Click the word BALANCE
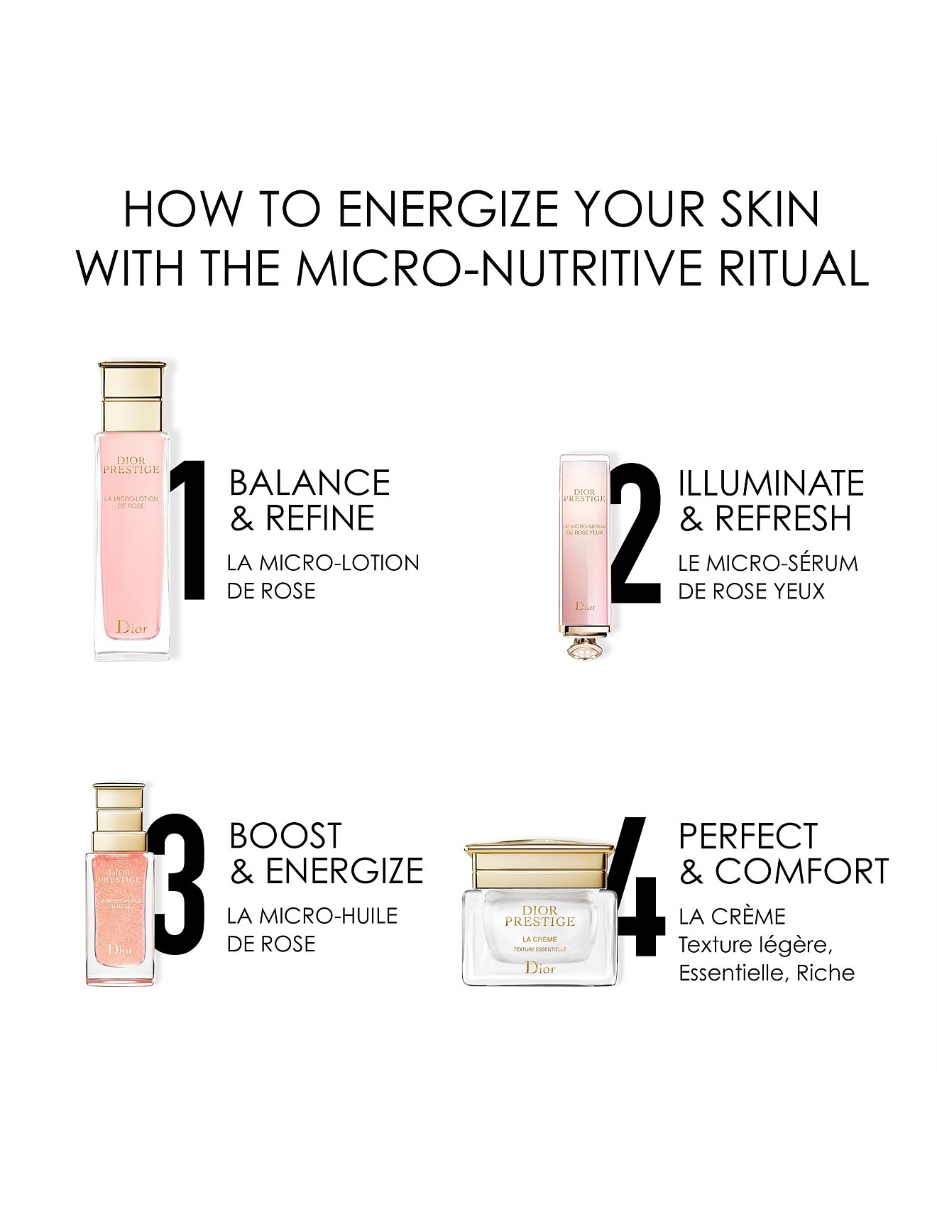tap(309, 483)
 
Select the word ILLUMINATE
tap(771, 483)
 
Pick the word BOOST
tap(285, 836)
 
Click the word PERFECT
tap(748, 836)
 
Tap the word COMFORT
tap(801, 871)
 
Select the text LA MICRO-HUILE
tap(312, 916)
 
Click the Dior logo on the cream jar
tap(539, 966)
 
